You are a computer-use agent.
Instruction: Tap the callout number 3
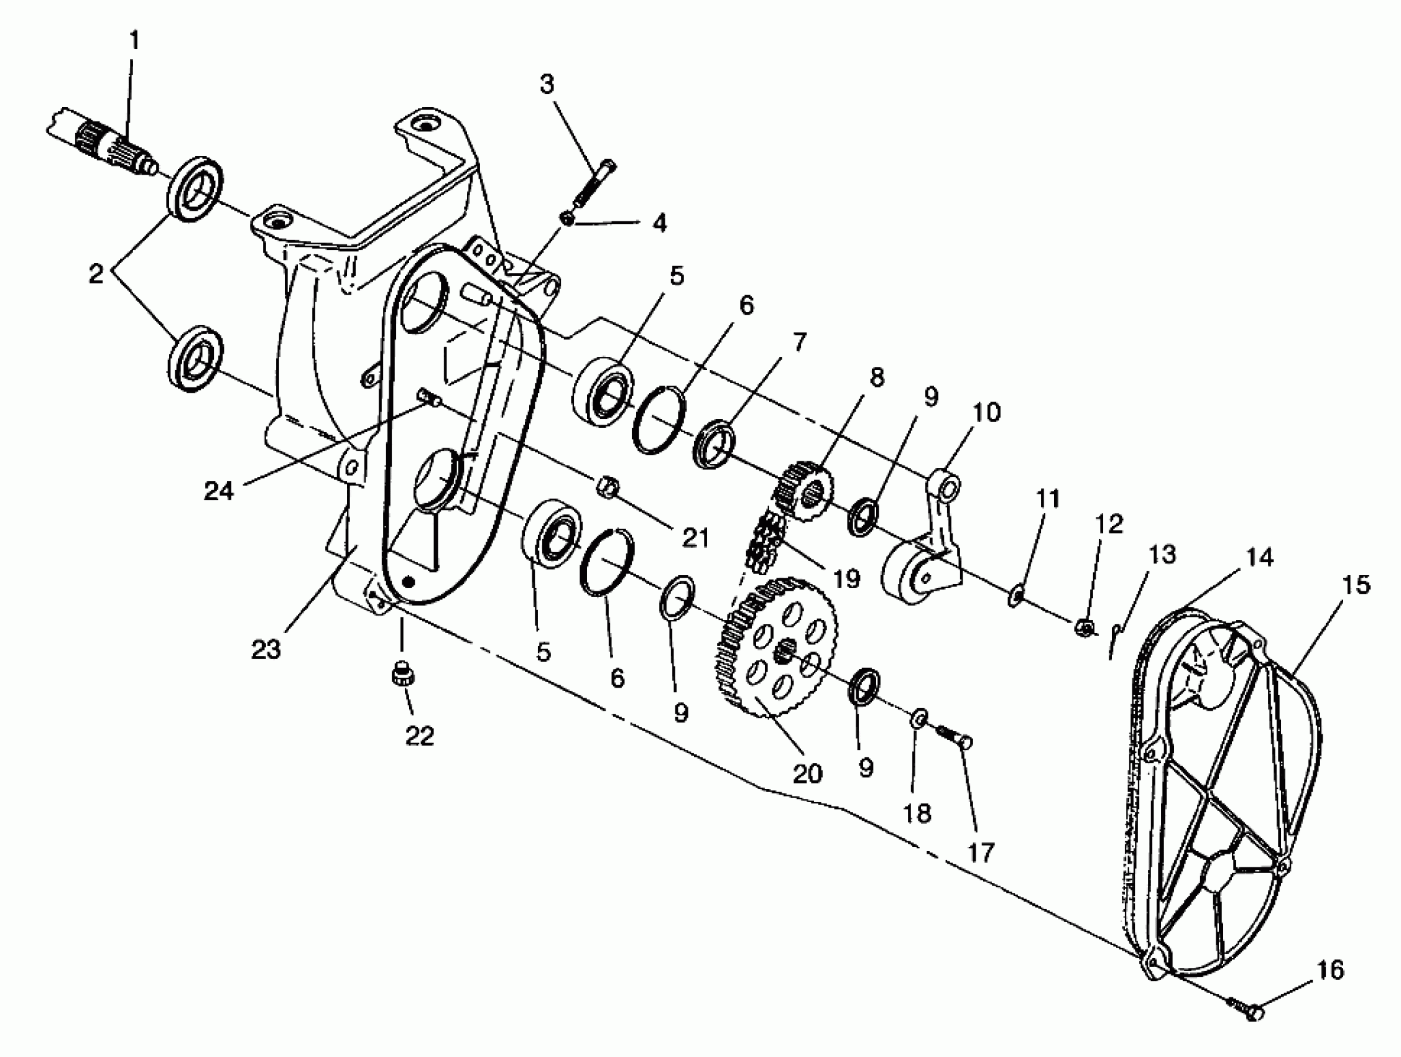click(x=547, y=84)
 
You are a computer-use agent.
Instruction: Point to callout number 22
click(x=419, y=736)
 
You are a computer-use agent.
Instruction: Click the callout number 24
click(x=218, y=491)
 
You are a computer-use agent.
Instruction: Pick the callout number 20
click(x=808, y=773)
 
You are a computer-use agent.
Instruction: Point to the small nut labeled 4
click(x=568, y=219)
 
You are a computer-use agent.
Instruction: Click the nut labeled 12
click(x=1084, y=627)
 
